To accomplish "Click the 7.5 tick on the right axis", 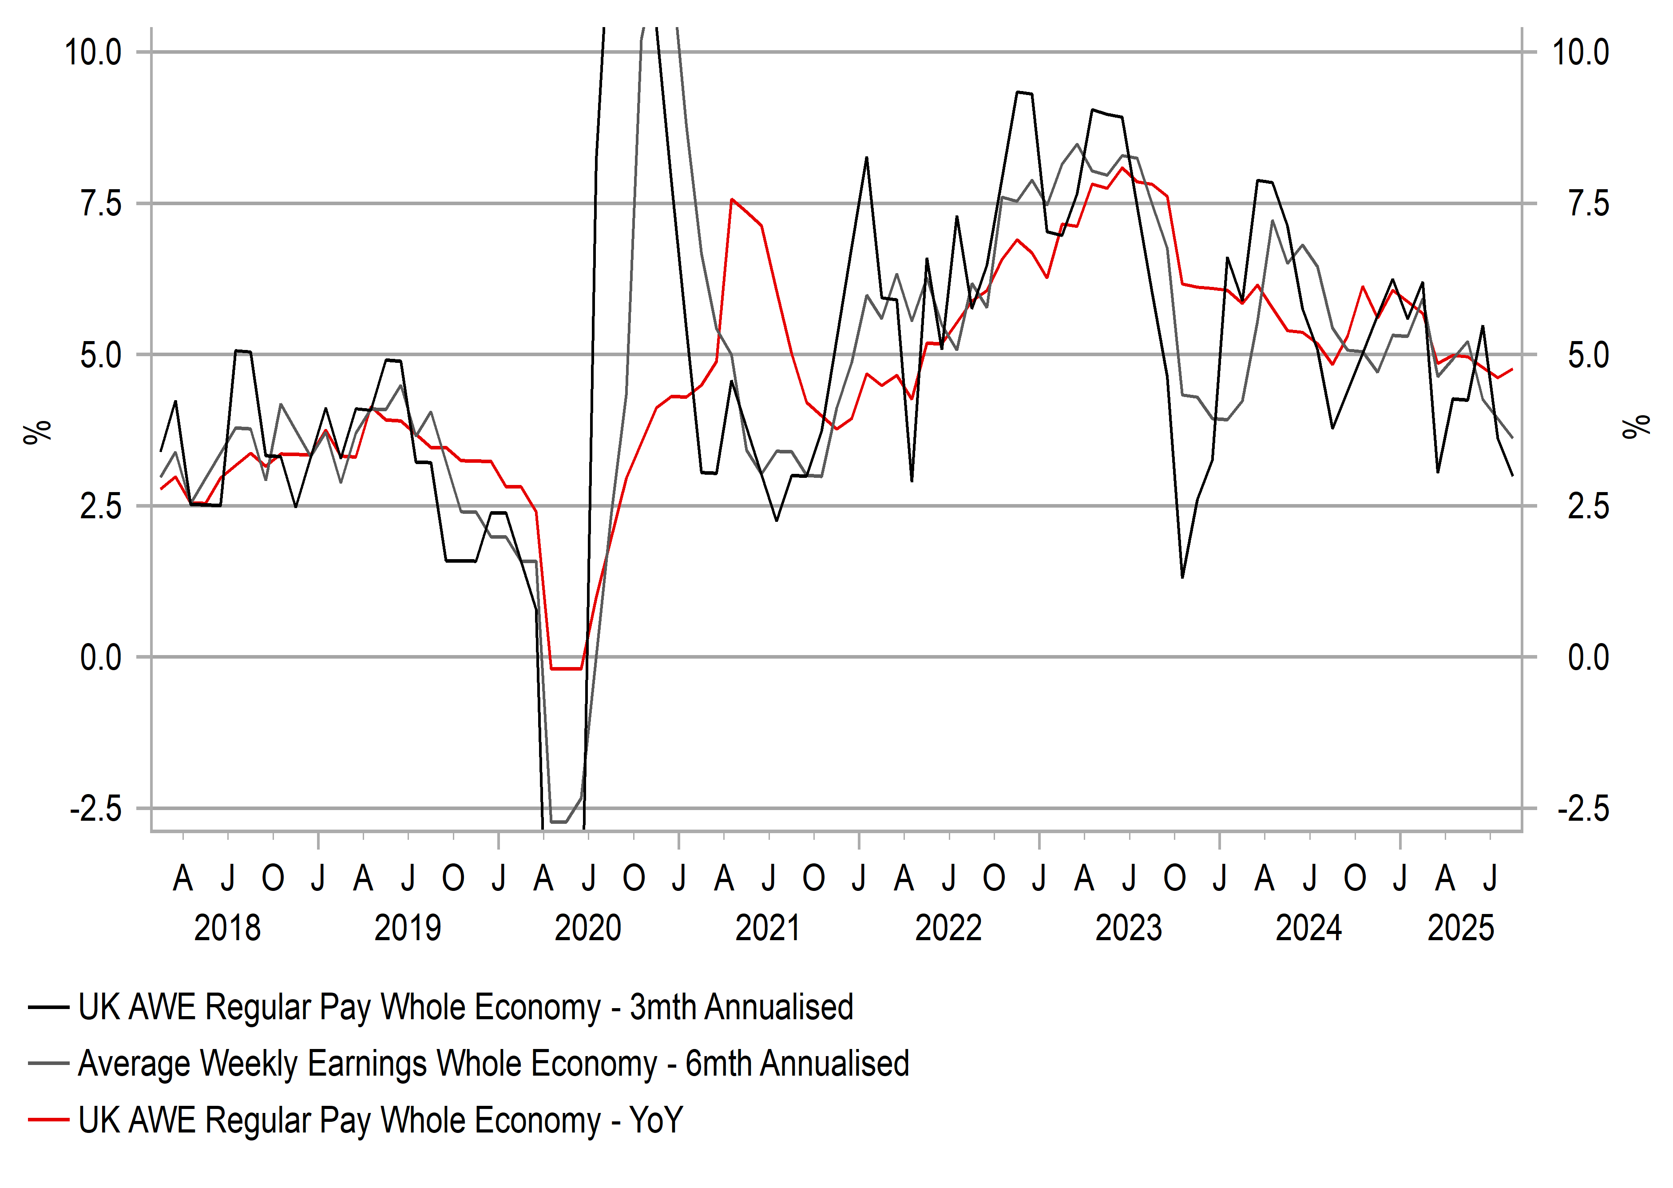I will click(x=1588, y=204).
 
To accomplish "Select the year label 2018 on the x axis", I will click(x=227, y=928).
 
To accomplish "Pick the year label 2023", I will click(x=1128, y=928).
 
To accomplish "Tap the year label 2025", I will click(x=1461, y=928).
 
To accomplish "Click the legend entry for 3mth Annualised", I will click(x=465, y=1007).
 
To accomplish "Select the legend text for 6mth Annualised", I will click(x=493, y=1064).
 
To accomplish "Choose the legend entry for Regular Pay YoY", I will click(x=380, y=1120).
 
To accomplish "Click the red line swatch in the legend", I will click(x=48, y=1120).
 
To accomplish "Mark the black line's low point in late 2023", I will click(x=1182, y=577).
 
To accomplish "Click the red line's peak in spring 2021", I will click(x=732, y=199).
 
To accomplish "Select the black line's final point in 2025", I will click(x=1512, y=476).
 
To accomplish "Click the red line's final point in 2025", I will click(x=1512, y=370).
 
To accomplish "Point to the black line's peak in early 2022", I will click(x=867, y=157).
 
